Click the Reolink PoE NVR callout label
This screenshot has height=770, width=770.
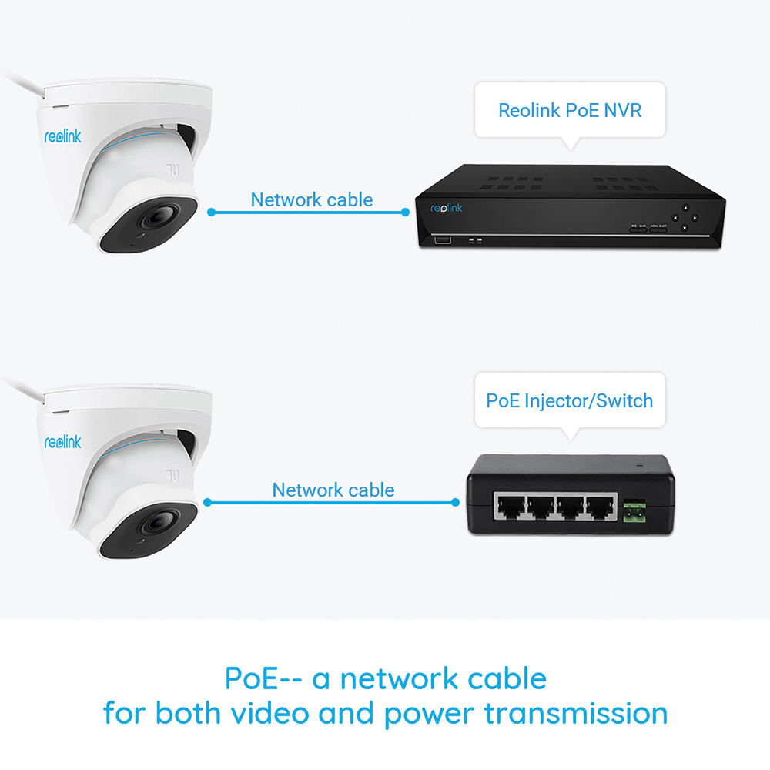click(570, 109)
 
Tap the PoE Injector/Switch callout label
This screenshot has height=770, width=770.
click(570, 400)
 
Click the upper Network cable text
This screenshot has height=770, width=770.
click(312, 200)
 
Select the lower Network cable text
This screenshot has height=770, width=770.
click(333, 490)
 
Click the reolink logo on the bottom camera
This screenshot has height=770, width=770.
click(62, 443)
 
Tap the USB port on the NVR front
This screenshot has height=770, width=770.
click(442, 241)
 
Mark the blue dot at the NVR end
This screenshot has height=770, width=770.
click(406, 212)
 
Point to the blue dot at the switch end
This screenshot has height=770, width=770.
click(455, 503)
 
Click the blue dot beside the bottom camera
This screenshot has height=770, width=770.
click(207, 503)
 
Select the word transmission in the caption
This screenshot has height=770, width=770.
click(575, 713)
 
